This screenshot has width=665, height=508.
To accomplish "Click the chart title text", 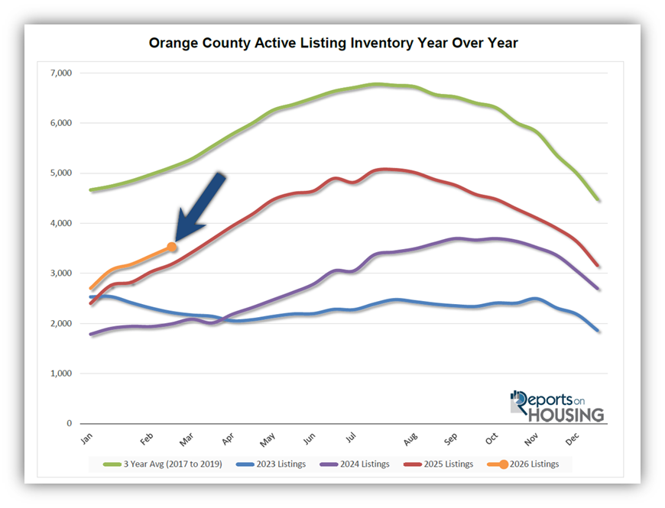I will pos(332,44).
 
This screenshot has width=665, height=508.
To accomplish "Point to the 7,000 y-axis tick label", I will pos(59,73).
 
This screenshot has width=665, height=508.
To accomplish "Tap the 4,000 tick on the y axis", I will pos(59,223).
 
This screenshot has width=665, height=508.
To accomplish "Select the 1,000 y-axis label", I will pos(59,374).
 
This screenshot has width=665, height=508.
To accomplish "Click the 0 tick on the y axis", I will pos(69,423).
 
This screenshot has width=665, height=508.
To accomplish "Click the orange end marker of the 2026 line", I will pos(172,247).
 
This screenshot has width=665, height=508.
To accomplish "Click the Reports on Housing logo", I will pos(557,406).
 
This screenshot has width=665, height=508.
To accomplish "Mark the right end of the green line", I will pos(598,200).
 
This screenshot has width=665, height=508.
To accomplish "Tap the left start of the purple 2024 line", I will pos(91,335).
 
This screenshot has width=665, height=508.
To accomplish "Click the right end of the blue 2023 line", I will pos(598,330).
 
